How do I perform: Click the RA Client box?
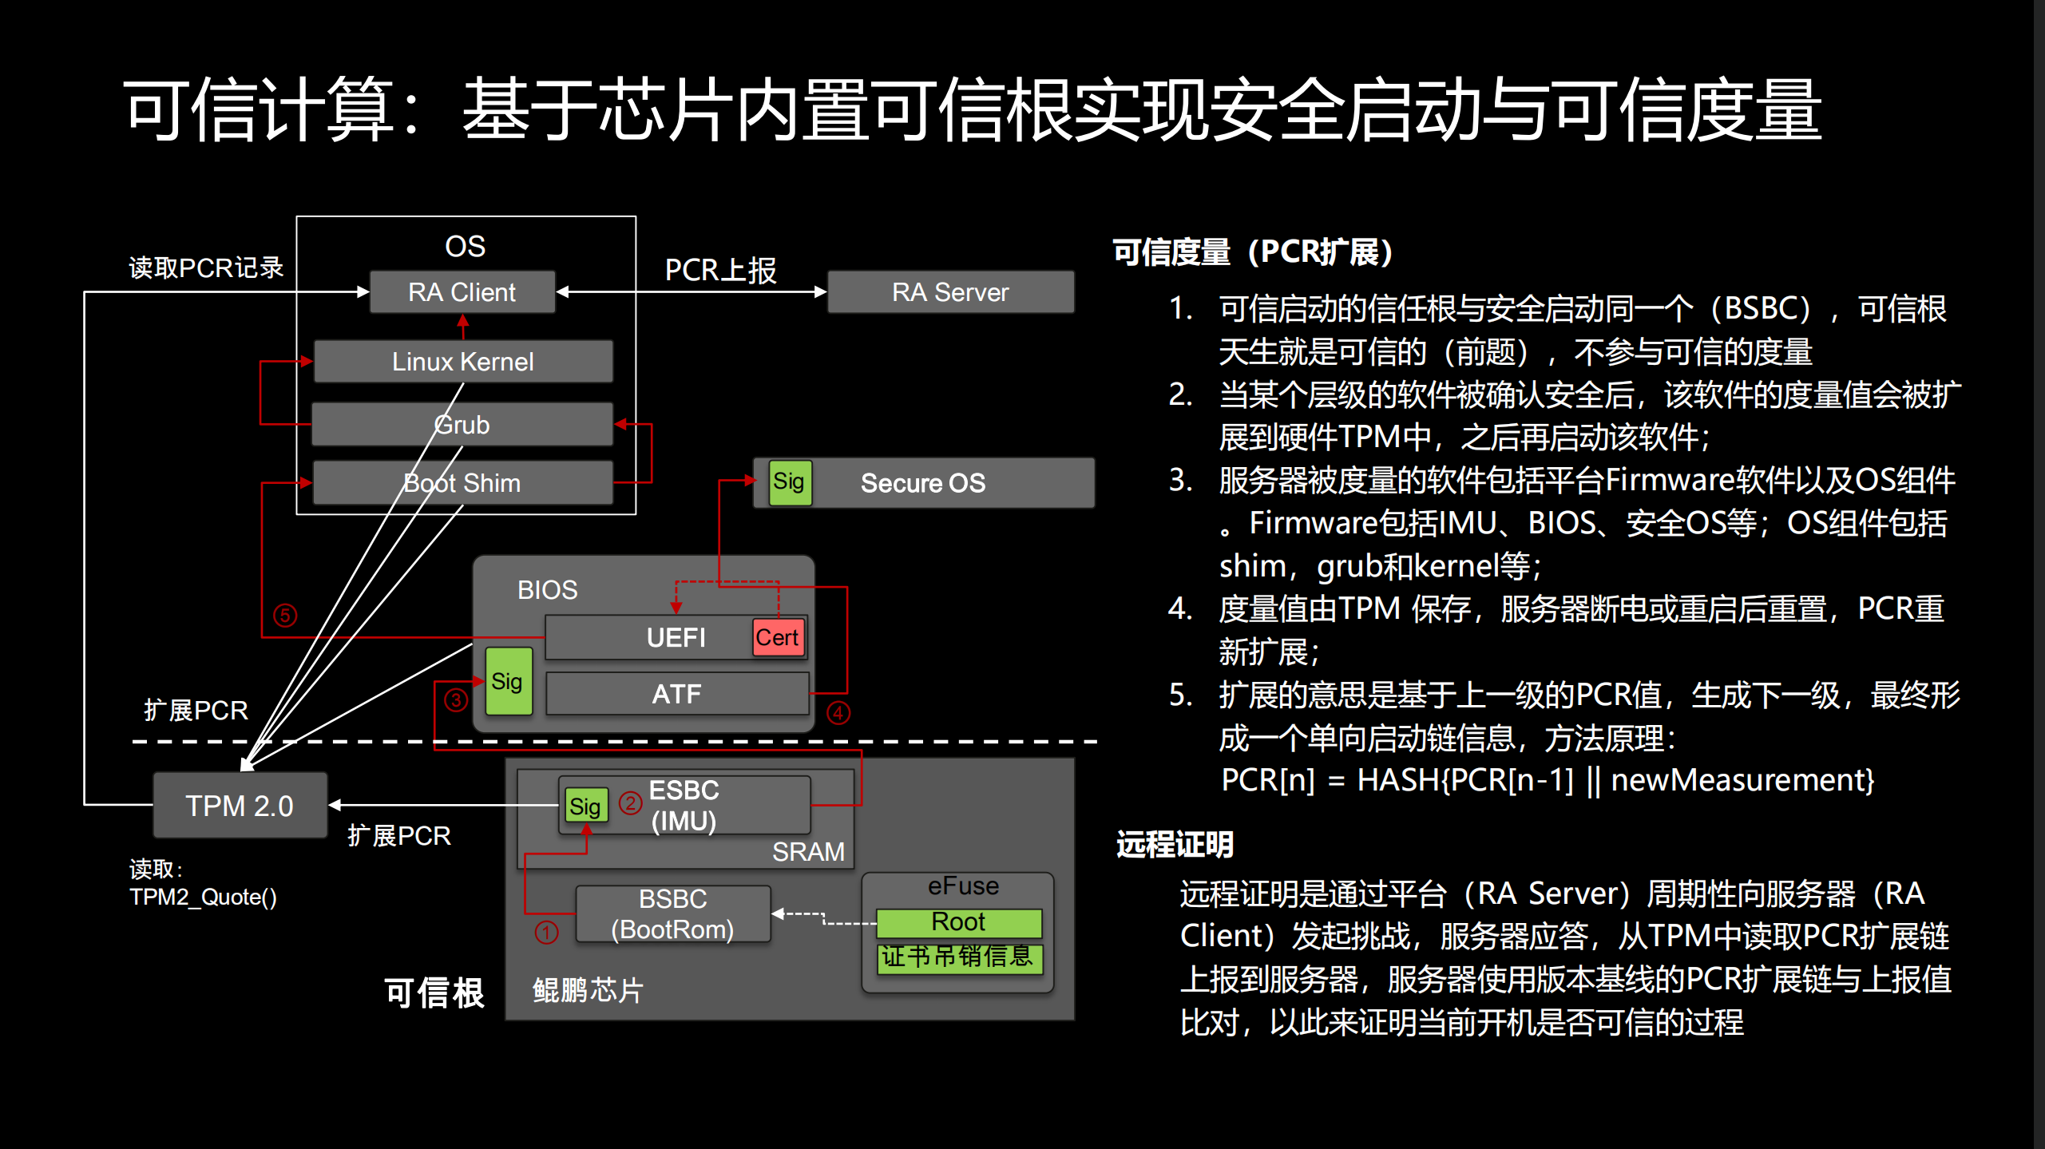(x=462, y=292)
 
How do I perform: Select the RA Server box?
(x=950, y=292)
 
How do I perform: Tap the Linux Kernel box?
(x=463, y=362)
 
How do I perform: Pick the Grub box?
(x=462, y=424)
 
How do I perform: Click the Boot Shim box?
(x=462, y=483)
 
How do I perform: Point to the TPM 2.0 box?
(x=240, y=806)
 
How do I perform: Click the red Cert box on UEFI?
(x=778, y=637)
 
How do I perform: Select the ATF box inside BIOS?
(x=676, y=693)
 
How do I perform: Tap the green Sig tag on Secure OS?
(x=790, y=482)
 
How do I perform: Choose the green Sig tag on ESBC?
(x=585, y=806)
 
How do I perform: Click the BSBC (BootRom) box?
(x=672, y=914)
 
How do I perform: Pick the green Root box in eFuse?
(x=958, y=922)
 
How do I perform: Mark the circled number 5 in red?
(x=285, y=616)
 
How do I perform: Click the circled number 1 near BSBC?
(x=547, y=932)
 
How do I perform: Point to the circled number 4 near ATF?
(x=838, y=713)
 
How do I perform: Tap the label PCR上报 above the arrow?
(x=720, y=270)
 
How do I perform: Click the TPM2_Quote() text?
(x=204, y=897)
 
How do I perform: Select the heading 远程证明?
(x=1175, y=845)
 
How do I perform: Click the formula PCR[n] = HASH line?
(x=1547, y=780)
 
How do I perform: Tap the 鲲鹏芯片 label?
(x=588, y=990)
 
